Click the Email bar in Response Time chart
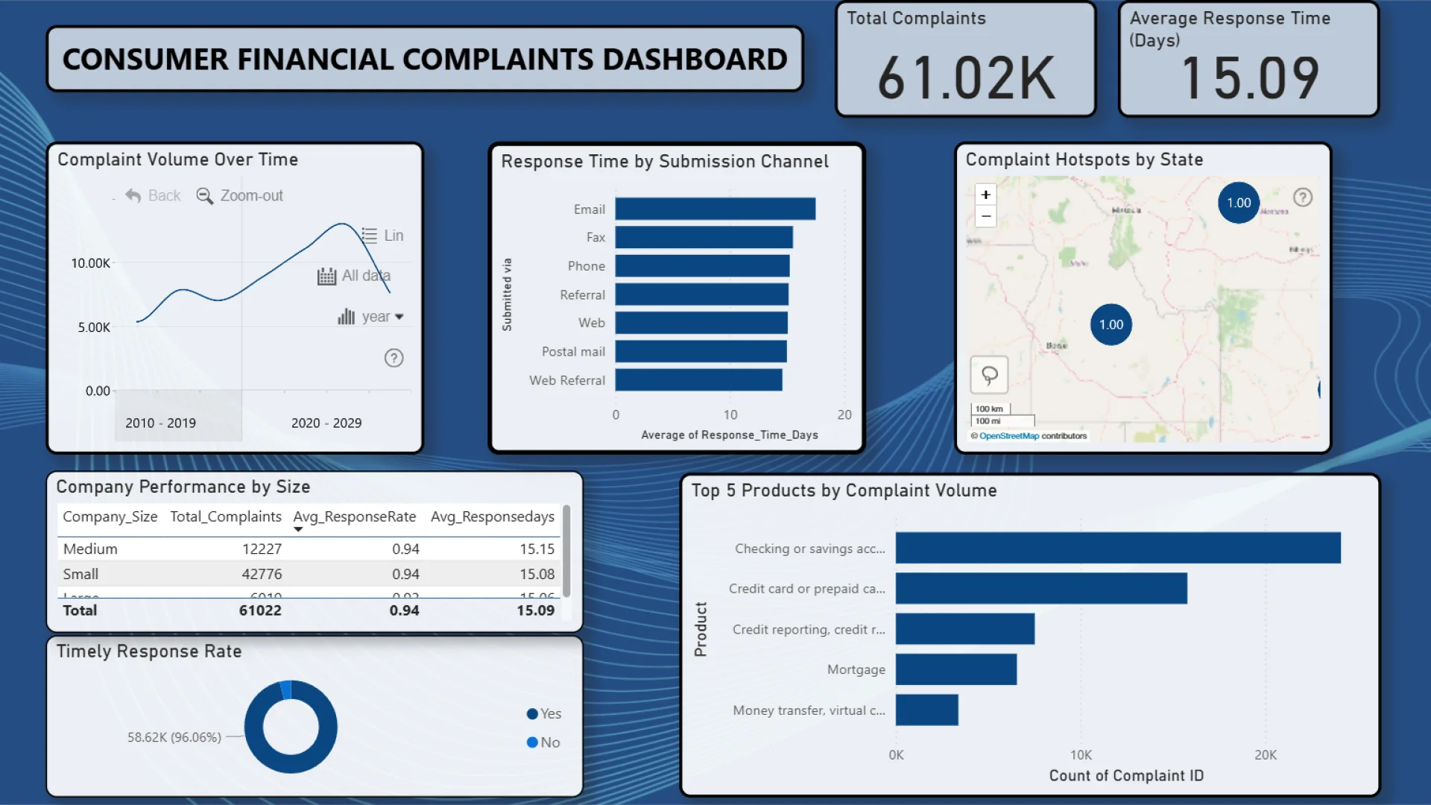[715, 209]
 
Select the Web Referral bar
[698, 380]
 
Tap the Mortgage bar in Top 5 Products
[955, 669]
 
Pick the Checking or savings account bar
[1117, 548]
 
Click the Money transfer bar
[926, 710]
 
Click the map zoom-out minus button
[985, 217]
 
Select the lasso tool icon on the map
[989, 375]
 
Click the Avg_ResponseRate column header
[354, 517]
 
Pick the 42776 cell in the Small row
[262, 574]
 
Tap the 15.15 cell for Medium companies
[537, 549]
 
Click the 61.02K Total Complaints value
[966, 78]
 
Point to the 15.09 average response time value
[1249, 78]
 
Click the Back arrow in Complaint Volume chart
[134, 195]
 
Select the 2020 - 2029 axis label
[326, 423]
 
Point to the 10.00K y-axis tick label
[90, 263]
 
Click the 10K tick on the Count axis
[1081, 755]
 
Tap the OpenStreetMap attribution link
[1008, 436]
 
